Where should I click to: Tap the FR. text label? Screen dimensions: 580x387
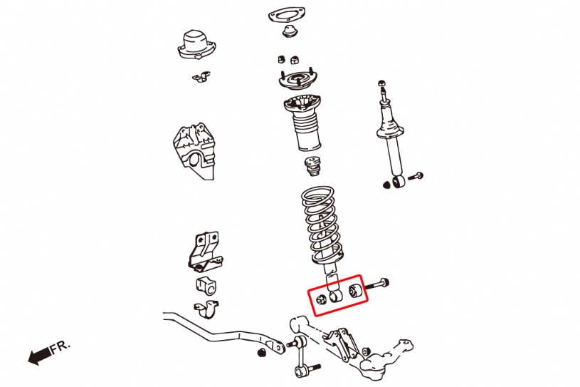click(x=60, y=346)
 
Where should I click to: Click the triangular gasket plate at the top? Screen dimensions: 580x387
click(x=286, y=16)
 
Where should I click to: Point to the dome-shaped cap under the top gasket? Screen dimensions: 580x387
click(x=290, y=31)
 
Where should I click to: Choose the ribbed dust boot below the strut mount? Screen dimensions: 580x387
click(x=302, y=123)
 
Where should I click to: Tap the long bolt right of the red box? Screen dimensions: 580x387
click(x=377, y=284)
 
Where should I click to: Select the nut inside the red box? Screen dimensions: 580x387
click(x=322, y=299)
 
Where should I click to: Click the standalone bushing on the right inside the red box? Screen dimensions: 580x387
click(x=355, y=290)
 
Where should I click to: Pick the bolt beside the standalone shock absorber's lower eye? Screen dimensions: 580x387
click(x=416, y=176)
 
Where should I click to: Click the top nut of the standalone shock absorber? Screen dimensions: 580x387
click(x=382, y=83)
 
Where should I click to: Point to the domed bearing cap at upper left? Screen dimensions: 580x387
click(x=196, y=44)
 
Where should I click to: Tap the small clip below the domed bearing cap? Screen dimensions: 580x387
click(x=201, y=76)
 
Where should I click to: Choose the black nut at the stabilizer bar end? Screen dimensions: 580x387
click(x=262, y=352)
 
